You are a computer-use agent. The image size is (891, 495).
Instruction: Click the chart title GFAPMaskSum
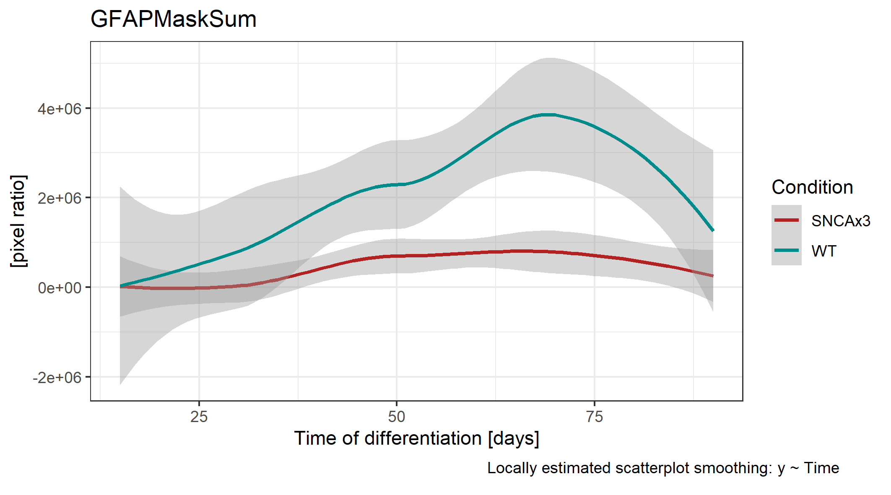pyautogui.click(x=173, y=19)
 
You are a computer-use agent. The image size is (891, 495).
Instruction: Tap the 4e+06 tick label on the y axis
pyautogui.click(x=59, y=109)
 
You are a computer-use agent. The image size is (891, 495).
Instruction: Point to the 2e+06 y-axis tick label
pyautogui.click(x=59, y=198)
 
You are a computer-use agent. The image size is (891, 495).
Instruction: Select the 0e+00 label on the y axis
pyautogui.click(x=59, y=288)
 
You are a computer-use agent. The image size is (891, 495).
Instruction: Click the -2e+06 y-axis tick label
pyautogui.click(x=57, y=378)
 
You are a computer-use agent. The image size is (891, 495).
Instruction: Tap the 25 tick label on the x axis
pyautogui.click(x=199, y=417)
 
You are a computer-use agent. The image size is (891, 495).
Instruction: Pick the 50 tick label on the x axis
pyautogui.click(x=396, y=417)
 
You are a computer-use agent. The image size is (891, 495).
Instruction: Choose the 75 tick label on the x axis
pyautogui.click(x=594, y=417)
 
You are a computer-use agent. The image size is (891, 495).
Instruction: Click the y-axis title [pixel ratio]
pyautogui.click(x=18, y=221)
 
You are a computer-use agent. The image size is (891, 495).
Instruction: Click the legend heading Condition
pyautogui.click(x=812, y=187)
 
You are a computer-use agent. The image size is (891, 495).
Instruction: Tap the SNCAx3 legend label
pyautogui.click(x=841, y=221)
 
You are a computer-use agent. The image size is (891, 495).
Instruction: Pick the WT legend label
pyautogui.click(x=824, y=251)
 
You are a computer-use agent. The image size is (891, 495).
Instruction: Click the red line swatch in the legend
pyautogui.click(x=787, y=220)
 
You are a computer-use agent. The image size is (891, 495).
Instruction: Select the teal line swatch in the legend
pyautogui.click(x=787, y=250)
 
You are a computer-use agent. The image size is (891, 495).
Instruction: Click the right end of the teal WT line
pyautogui.click(x=713, y=230)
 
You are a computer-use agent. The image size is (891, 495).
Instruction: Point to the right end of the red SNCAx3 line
pyautogui.click(x=713, y=276)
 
